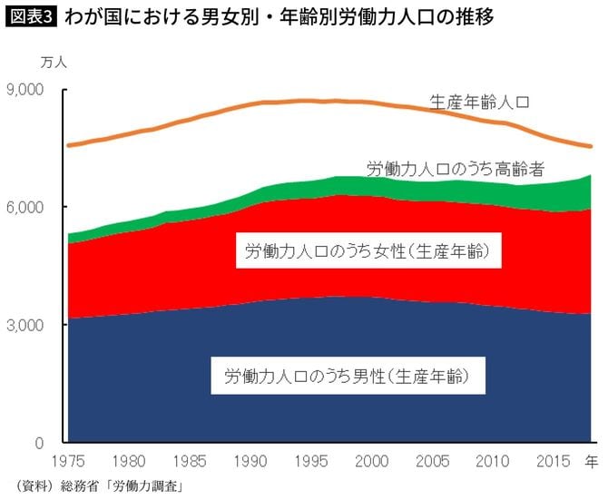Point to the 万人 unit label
(x=54, y=62)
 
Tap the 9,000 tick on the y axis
(x=36, y=90)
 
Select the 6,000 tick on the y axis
(x=36, y=207)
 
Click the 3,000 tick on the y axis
(x=36, y=325)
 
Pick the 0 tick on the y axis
(x=51, y=443)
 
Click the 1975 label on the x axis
(x=67, y=461)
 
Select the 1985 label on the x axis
(x=186, y=461)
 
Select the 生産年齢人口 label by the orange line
(x=478, y=101)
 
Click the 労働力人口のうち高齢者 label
(x=455, y=169)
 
